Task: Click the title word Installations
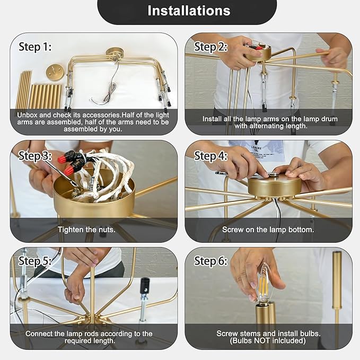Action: click(189, 11)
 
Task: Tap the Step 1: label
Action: click(35, 47)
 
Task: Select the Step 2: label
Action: click(210, 47)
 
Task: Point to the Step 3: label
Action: click(35, 156)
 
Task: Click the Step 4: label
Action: click(210, 156)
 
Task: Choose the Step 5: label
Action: click(35, 261)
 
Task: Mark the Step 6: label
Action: click(210, 261)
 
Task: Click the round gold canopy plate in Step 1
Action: click(54, 72)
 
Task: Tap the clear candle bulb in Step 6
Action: click(264, 284)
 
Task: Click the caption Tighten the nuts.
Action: click(86, 230)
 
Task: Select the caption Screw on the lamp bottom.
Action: click(268, 230)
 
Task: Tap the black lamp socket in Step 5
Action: click(145, 286)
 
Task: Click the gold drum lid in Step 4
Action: click(275, 186)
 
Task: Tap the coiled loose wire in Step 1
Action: click(108, 85)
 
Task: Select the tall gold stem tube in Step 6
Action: click(337, 298)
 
